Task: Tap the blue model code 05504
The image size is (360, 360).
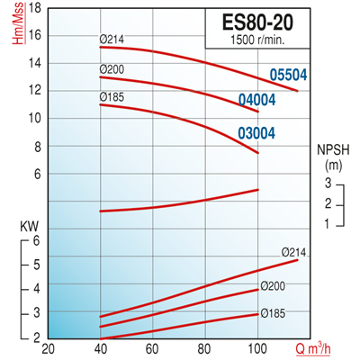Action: click(x=291, y=77)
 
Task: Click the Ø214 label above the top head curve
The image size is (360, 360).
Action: click(x=112, y=39)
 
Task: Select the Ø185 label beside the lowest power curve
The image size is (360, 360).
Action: click(x=274, y=314)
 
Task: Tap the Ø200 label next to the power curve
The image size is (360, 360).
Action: click(x=274, y=286)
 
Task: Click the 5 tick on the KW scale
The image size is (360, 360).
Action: click(x=37, y=265)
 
